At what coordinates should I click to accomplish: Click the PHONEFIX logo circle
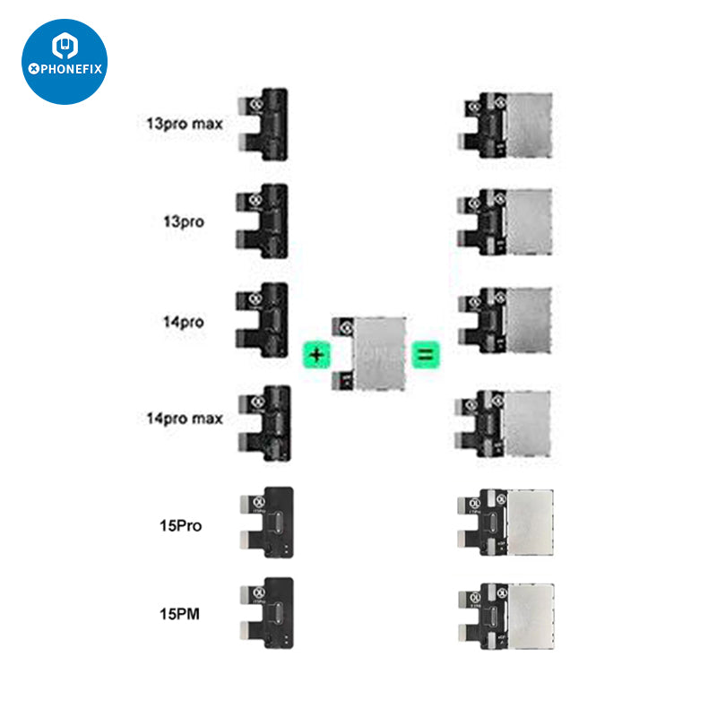tap(65, 61)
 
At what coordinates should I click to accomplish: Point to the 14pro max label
tap(184, 418)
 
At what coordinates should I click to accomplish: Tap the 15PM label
tap(177, 614)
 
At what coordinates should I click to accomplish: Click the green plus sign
tap(315, 355)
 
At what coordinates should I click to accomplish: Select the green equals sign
tap(424, 355)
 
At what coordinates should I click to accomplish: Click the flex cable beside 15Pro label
tap(268, 523)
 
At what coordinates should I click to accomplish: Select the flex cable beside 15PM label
tap(268, 612)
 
